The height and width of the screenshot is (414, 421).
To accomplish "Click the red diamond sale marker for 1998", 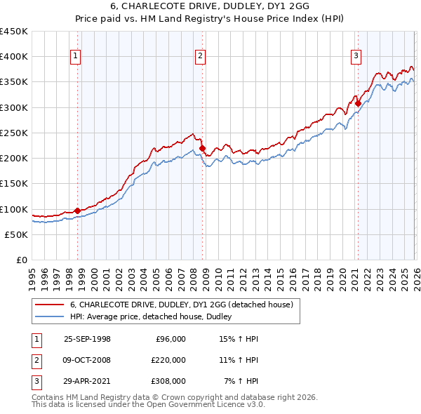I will pyautogui.click(x=77, y=210).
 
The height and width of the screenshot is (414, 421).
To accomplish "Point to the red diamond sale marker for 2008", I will pyautogui.click(x=202, y=148).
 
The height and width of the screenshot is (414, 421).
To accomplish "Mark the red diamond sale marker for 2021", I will pyautogui.click(x=358, y=103).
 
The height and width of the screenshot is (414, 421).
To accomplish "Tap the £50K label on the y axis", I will pyautogui.click(x=17, y=234).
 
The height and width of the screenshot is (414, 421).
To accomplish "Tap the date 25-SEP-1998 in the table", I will pyautogui.click(x=87, y=339).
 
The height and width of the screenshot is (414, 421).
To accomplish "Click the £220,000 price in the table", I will pyautogui.click(x=168, y=360).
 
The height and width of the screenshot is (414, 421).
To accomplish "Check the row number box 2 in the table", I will pyautogui.click(x=36, y=360).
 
